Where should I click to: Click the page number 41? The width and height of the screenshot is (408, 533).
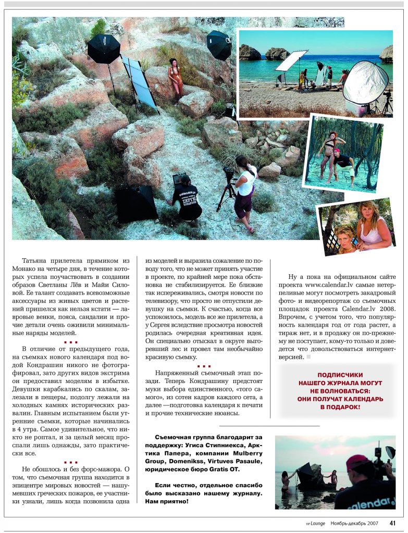(392, 523)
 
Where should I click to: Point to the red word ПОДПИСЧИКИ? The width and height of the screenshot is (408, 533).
(340, 375)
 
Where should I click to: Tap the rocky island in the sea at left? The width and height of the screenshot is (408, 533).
(251, 53)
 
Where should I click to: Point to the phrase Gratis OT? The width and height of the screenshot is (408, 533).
(222, 469)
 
